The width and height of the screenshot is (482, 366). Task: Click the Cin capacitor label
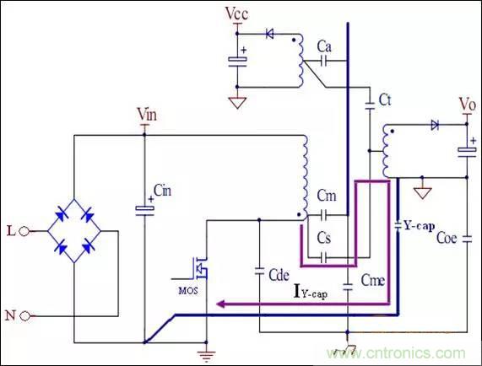(x=164, y=191)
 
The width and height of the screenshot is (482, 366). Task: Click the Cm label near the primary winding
(x=327, y=196)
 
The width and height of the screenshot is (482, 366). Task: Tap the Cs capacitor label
(x=325, y=239)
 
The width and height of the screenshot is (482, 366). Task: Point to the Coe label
(x=447, y=238)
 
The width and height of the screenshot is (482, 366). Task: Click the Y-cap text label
(x=420, y=226)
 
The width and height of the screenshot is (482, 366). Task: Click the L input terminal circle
(x=26, y=230)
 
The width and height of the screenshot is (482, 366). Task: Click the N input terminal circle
(x=26, y=315)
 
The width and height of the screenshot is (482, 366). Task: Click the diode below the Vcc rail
(x=270, y=34)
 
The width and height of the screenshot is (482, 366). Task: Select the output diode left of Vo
(x=435, y=125)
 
